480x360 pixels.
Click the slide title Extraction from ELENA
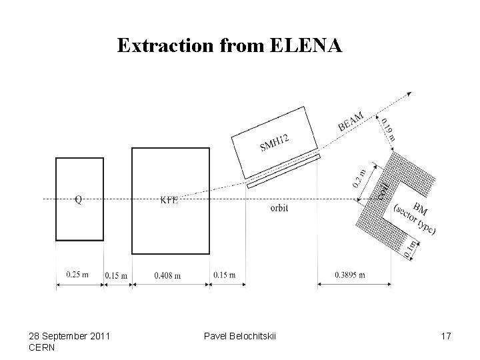tap(230, 45)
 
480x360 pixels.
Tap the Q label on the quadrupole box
tap(79, 199)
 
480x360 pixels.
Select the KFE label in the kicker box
tap(169, 199)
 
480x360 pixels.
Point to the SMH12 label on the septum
tap(274, 142)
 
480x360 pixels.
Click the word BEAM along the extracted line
tap(351, 122)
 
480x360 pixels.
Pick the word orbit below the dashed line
tap(279, 208)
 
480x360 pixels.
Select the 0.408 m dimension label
tap(167, 275)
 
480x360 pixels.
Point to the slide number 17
tap(445, 336)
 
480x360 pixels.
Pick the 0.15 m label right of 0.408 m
tap(224, 275)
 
